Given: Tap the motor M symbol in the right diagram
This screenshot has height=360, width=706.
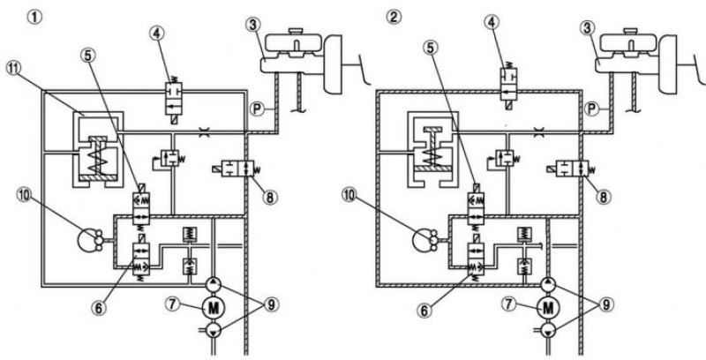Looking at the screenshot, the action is (547, 307).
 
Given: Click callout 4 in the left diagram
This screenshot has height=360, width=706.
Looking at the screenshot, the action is (158, 34).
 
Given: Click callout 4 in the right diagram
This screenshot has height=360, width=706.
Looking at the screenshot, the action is (492, 22).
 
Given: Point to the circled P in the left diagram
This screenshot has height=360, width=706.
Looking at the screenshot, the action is (258, 109).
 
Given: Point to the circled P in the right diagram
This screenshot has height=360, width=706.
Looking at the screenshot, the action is (591, 109).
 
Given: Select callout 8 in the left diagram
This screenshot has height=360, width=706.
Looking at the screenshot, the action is (270, 197).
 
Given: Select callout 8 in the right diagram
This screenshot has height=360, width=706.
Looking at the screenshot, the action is (604, 197).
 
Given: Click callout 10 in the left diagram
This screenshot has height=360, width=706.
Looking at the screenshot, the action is (25, 195).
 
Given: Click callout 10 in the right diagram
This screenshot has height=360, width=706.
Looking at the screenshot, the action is (350, 195).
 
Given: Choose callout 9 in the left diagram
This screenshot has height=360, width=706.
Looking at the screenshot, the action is (270, 304).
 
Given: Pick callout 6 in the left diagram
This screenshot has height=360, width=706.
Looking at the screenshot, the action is (98, 309).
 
